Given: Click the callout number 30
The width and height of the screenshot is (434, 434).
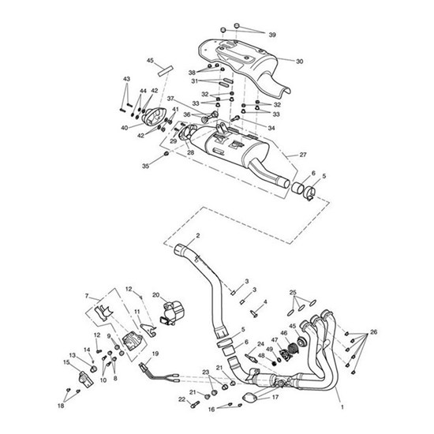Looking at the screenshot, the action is coord(300,62).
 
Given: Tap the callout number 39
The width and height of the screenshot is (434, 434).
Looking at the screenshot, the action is coord(272,35).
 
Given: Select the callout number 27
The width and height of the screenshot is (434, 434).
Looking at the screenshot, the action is coord(303,155).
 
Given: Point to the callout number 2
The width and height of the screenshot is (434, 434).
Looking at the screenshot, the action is coord(197,236).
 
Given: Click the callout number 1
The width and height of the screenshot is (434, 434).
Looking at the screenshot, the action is coord(342,407).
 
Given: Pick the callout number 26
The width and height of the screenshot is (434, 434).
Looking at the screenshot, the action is coord(373,331).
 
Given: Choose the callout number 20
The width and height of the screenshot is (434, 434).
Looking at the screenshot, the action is coord(87,296).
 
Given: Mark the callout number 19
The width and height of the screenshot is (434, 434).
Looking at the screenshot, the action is coord(155,354).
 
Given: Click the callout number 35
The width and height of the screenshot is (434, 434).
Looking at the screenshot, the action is coord(146,166).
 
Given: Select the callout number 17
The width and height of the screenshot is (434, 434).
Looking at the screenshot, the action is coord(275,397).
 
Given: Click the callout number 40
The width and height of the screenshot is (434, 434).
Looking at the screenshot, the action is coord(124,128).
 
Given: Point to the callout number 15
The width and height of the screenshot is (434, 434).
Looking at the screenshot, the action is coord(66,362).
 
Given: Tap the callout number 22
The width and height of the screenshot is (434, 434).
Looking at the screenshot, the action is coord(181,399).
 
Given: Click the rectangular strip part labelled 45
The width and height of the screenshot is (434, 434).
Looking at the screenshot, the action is coord(165,71).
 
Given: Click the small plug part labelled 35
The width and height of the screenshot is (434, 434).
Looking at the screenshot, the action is coord(166,153).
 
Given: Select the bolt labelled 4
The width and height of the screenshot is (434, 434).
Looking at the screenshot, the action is coord(254,313).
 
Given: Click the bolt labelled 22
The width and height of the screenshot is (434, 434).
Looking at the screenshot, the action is coord(195,403).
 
